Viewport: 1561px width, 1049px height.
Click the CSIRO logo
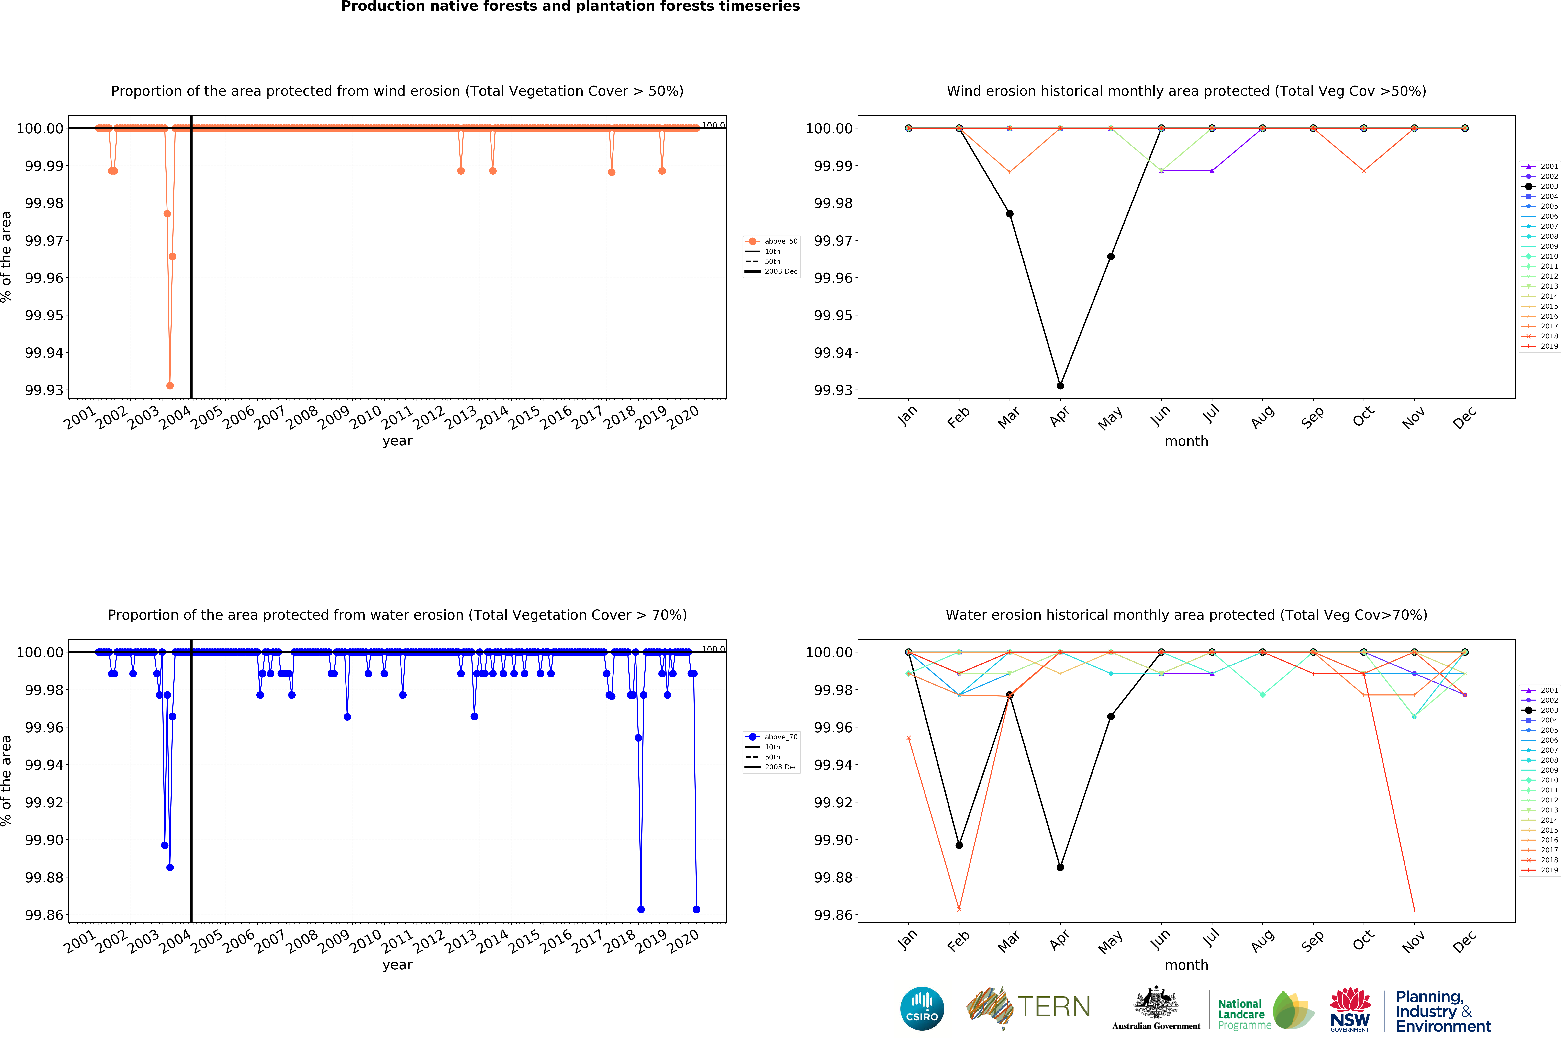[922, 1008]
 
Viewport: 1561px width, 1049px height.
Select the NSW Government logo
[1350, 1009]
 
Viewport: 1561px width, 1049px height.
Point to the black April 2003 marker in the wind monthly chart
[1060, 385]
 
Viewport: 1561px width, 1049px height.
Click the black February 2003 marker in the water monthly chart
[959, 845]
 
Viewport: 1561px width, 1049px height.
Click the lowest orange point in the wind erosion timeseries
[170, 385]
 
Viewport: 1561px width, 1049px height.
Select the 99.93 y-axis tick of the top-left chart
[44, 390]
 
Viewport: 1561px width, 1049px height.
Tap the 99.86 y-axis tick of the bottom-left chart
[44, 914]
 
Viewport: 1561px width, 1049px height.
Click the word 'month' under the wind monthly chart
[1186, 441]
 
